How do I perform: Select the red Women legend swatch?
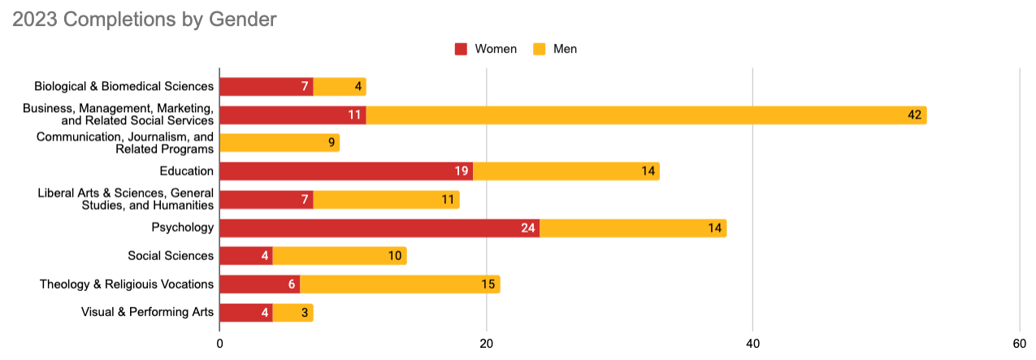click(x=461, y=49)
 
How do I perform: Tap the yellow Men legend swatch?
click(x=540, y=49)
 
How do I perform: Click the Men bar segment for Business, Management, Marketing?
click(x=646, y=115)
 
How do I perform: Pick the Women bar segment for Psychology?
click(x=379, y=228)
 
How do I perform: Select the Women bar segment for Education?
click(x=346, y=171)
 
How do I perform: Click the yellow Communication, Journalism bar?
click(x=280, y=143)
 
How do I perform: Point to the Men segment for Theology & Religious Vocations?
click(x=400, y=284)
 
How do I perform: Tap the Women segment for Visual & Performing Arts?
click(x=246, y=312)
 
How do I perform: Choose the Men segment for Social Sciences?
click(x=340, y=256)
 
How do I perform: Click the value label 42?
click(x=915, y=115)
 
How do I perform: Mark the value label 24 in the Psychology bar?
click(x=529, y=228)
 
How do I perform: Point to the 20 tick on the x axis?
click(x=486, y=343)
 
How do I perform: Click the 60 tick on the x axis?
click(x=1019, y=343)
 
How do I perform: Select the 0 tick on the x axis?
click(x=220, y=343)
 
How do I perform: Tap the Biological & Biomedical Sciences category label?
click(x=124, y=86)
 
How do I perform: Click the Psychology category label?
click(x=183, y=228)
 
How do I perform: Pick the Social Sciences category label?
click(x=171, y=256)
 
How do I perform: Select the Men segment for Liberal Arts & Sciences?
click(x=386, y=199)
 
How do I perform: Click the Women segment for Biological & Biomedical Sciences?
click(x=267, y=86)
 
